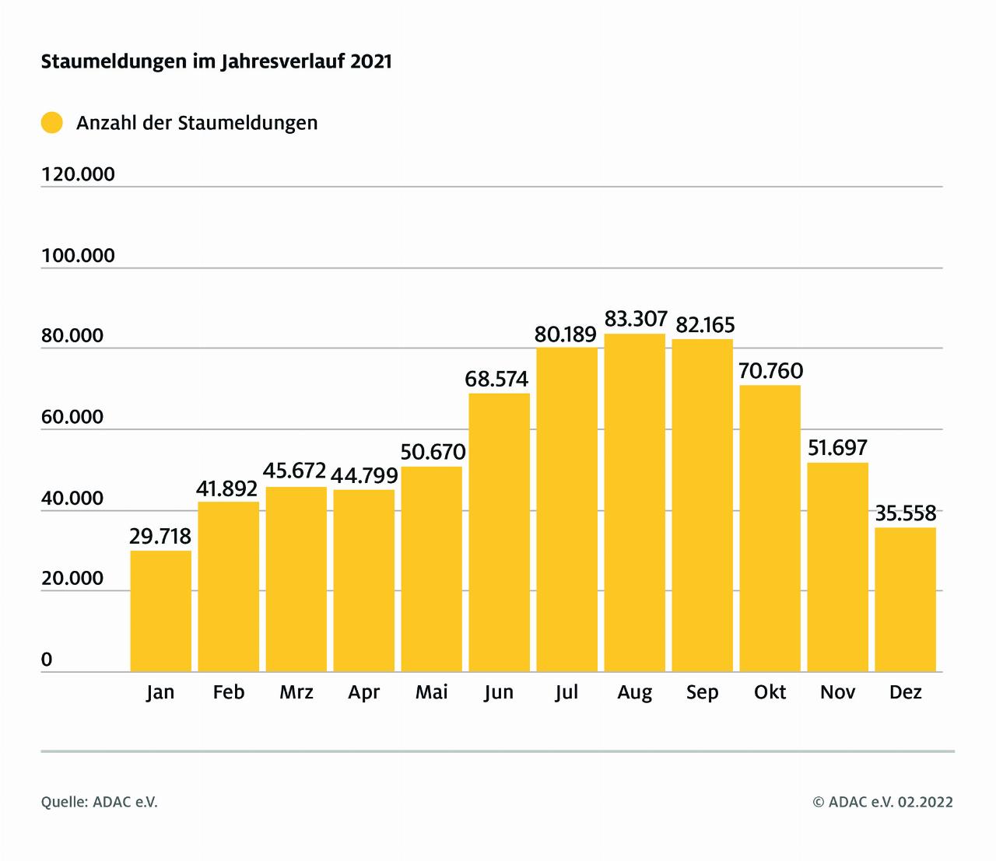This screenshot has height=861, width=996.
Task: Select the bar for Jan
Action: click(160, 611)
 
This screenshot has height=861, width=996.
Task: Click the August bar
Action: click(635, 502)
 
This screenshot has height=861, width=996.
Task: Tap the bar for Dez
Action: click(905, 599)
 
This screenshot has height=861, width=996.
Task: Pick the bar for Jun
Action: click(499, 532)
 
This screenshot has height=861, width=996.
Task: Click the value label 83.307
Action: click(636, 319)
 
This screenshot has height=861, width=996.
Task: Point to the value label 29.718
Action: click(160, 536)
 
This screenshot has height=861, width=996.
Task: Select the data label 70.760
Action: click(770, 371)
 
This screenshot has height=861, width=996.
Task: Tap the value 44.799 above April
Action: click(364, 475)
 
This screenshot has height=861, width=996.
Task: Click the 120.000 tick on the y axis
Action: click(78, 174)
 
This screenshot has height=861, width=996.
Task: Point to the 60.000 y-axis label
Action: click(72, 417)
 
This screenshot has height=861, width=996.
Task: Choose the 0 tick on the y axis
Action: click(47, 660)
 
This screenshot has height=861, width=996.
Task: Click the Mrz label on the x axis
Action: click(296, 692)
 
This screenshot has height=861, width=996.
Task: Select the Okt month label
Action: click(770, 692)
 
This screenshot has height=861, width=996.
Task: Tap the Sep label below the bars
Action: click(702, 692)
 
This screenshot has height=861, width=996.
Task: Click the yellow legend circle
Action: click(51, 123)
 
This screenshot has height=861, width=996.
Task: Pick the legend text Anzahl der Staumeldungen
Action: click(197, 123)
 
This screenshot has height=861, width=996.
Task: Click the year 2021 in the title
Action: click(370, 61)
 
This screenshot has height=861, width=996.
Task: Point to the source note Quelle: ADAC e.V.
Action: click(100, 802)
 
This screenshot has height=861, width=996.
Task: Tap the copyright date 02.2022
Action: click(924, 802)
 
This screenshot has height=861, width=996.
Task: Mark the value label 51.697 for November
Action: click(837, 448)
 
